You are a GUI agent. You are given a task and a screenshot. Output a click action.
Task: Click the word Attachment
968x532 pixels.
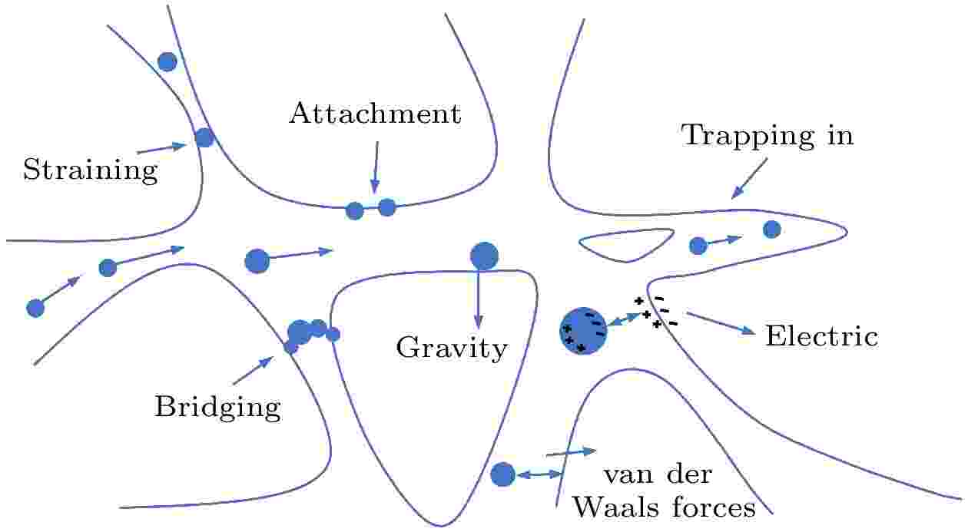(x=375, y=114)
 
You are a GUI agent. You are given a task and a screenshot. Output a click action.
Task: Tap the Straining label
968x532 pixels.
(x=91, y=170)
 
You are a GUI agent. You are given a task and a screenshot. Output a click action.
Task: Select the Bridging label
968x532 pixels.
(x=218, y=407)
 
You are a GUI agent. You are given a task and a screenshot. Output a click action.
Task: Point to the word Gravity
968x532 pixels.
(x=452, y=348)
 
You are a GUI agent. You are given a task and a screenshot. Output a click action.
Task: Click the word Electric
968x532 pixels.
(x=822, y=335)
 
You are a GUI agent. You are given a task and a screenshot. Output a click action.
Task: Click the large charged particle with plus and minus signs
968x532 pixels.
(x=583, y=331)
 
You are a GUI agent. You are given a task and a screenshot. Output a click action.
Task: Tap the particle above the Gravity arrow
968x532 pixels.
(x=484, y=256)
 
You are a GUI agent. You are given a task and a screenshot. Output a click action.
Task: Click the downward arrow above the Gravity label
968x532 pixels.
(x=478, y=299)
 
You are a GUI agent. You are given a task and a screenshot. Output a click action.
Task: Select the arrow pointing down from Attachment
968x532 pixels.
(x=376, y=167)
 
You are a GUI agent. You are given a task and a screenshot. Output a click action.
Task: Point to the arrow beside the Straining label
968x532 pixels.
(x=161, y=147)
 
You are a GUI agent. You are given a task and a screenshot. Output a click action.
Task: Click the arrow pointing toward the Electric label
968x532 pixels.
(x=721, y=323)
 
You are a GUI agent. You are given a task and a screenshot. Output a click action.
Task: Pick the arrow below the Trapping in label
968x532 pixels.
(x=749, y=178)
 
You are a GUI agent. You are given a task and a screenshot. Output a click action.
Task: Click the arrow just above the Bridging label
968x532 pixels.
(x=254, y=371)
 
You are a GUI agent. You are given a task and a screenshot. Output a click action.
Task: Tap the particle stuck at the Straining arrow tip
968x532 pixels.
(x=204, y=137)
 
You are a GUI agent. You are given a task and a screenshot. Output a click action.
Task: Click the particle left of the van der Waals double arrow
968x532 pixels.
(x=502, y=474)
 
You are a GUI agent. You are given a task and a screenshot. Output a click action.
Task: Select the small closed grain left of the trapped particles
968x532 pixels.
(x=626, y=245)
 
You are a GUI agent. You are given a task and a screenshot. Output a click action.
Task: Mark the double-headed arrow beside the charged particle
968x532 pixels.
(x=624, y=319)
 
